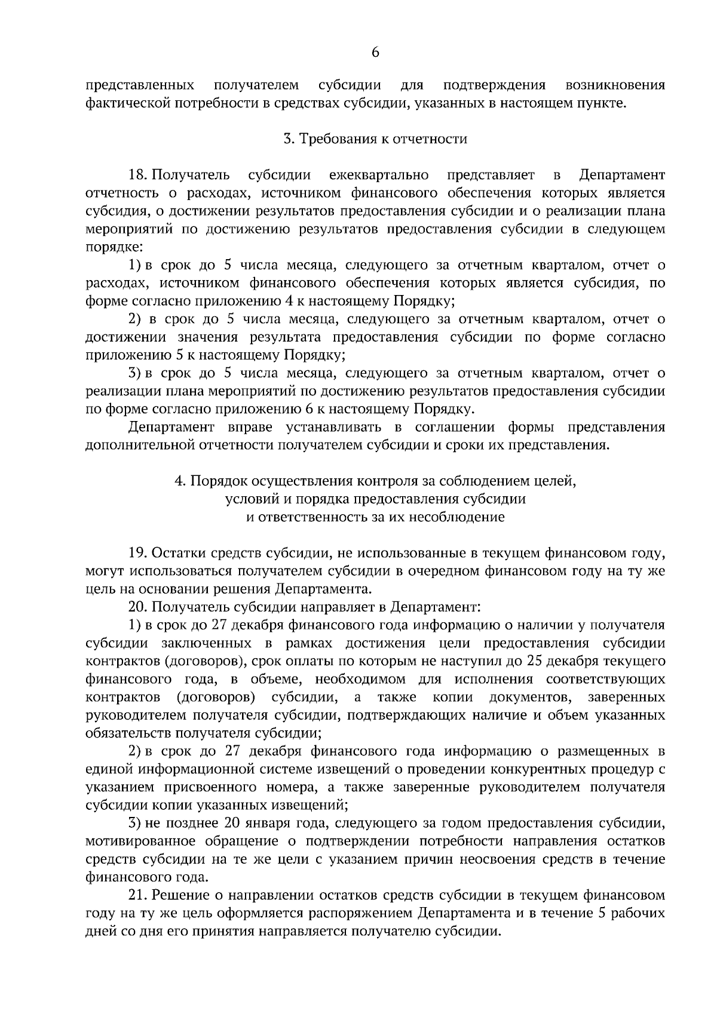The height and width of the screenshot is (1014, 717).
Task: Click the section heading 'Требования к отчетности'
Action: (382, 139)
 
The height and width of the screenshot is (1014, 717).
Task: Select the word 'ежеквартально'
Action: (378, 175)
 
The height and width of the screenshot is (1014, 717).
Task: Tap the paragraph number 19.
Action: (139, 553)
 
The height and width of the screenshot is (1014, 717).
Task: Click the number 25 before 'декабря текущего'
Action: (534, 661)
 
